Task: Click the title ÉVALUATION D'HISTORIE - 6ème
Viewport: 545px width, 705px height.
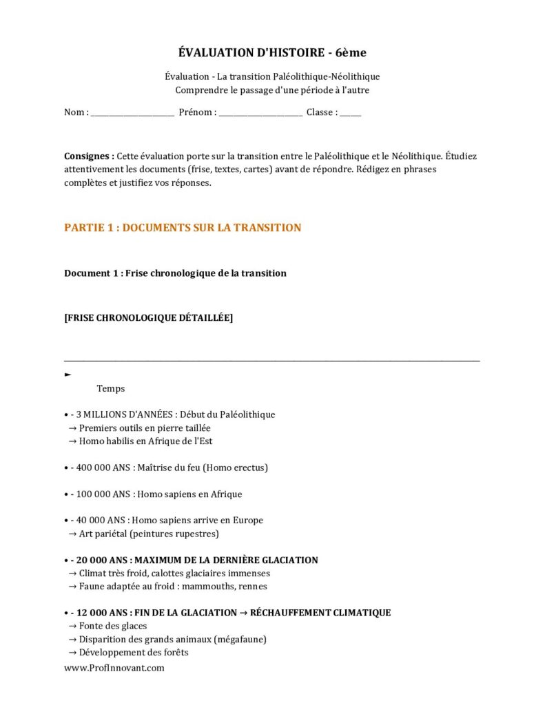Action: (x=272, y=53)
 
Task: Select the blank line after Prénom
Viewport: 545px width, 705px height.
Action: (x=260, y=113)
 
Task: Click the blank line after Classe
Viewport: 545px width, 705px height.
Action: (x=350, y=113)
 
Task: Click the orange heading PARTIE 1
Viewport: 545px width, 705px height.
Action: (x=183, y=228)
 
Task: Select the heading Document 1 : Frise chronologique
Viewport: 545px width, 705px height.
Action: (x=175, y=273)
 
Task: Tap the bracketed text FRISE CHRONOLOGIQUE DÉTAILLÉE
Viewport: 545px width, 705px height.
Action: (x=148, y=317)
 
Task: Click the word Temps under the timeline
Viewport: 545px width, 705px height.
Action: (x=111, y=389)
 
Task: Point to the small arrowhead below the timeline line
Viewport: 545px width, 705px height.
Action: (x=68, y=375)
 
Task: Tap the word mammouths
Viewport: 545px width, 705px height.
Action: (x=205, y=587)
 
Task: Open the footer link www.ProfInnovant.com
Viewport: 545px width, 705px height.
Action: (x=114, y=668)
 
